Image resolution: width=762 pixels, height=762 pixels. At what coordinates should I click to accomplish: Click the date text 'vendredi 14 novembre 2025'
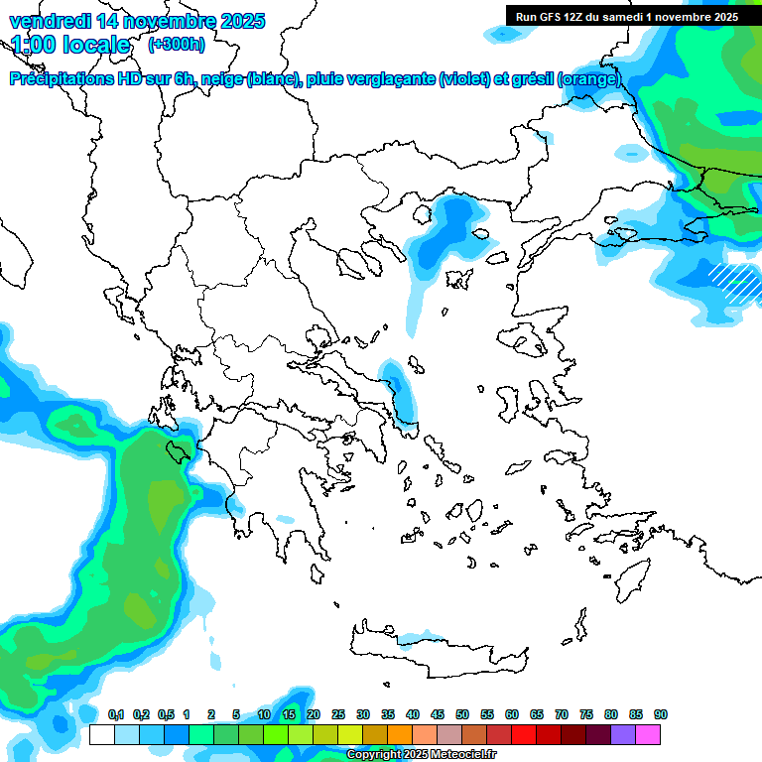pos(136,20)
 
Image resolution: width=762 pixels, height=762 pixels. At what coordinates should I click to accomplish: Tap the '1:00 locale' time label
pos(70,45)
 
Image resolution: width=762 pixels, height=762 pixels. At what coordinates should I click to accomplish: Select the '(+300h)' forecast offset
pos(176,45)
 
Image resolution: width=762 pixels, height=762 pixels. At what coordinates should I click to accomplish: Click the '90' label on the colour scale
pos(661,714)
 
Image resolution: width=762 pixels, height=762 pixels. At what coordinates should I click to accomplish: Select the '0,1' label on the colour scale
pos(116,714)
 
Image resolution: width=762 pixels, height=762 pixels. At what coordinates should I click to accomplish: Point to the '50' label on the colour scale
pos(462,714)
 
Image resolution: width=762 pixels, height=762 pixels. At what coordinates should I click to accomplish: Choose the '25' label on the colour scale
pos(338,714)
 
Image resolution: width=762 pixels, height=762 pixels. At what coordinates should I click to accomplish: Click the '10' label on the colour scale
pos(264,714)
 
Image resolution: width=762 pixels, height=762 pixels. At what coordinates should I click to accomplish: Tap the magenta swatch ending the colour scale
pos(648,734)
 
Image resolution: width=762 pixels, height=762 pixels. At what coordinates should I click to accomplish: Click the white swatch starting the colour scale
pos(101,734)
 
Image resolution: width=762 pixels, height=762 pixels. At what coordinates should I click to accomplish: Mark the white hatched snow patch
pos(732,279)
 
